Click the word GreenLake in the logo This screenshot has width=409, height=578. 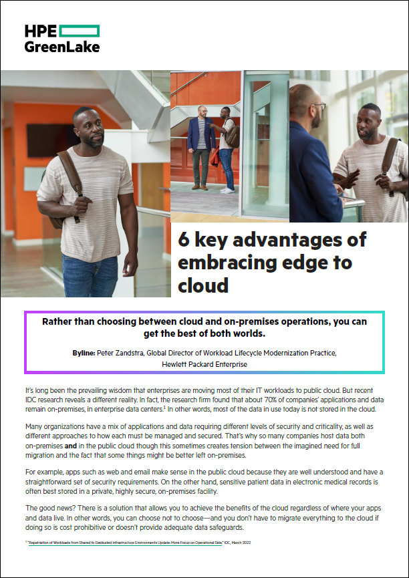(x=61, y=47)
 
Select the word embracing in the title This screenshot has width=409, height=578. (x=234, y=263)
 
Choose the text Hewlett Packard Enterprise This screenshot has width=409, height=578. (x=204, y=365)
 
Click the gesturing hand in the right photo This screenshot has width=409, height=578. (x=348, y=180)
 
